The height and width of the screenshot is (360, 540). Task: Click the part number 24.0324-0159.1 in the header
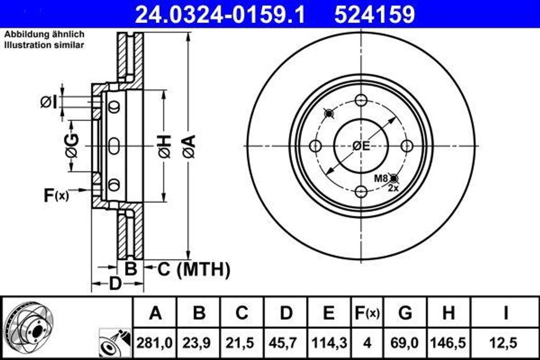click(220, 14)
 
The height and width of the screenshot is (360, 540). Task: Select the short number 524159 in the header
click(374, 14)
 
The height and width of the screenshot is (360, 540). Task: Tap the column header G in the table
click(405, 313)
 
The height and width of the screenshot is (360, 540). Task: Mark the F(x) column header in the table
click(367, 313)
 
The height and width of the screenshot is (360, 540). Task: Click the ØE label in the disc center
click(361, 146)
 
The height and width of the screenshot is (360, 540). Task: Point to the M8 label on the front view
click(381, 178)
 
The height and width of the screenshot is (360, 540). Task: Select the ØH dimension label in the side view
click(164, 146)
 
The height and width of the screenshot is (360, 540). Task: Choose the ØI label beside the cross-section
click(48, 102)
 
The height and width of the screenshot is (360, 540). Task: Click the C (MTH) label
click(194, 270)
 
